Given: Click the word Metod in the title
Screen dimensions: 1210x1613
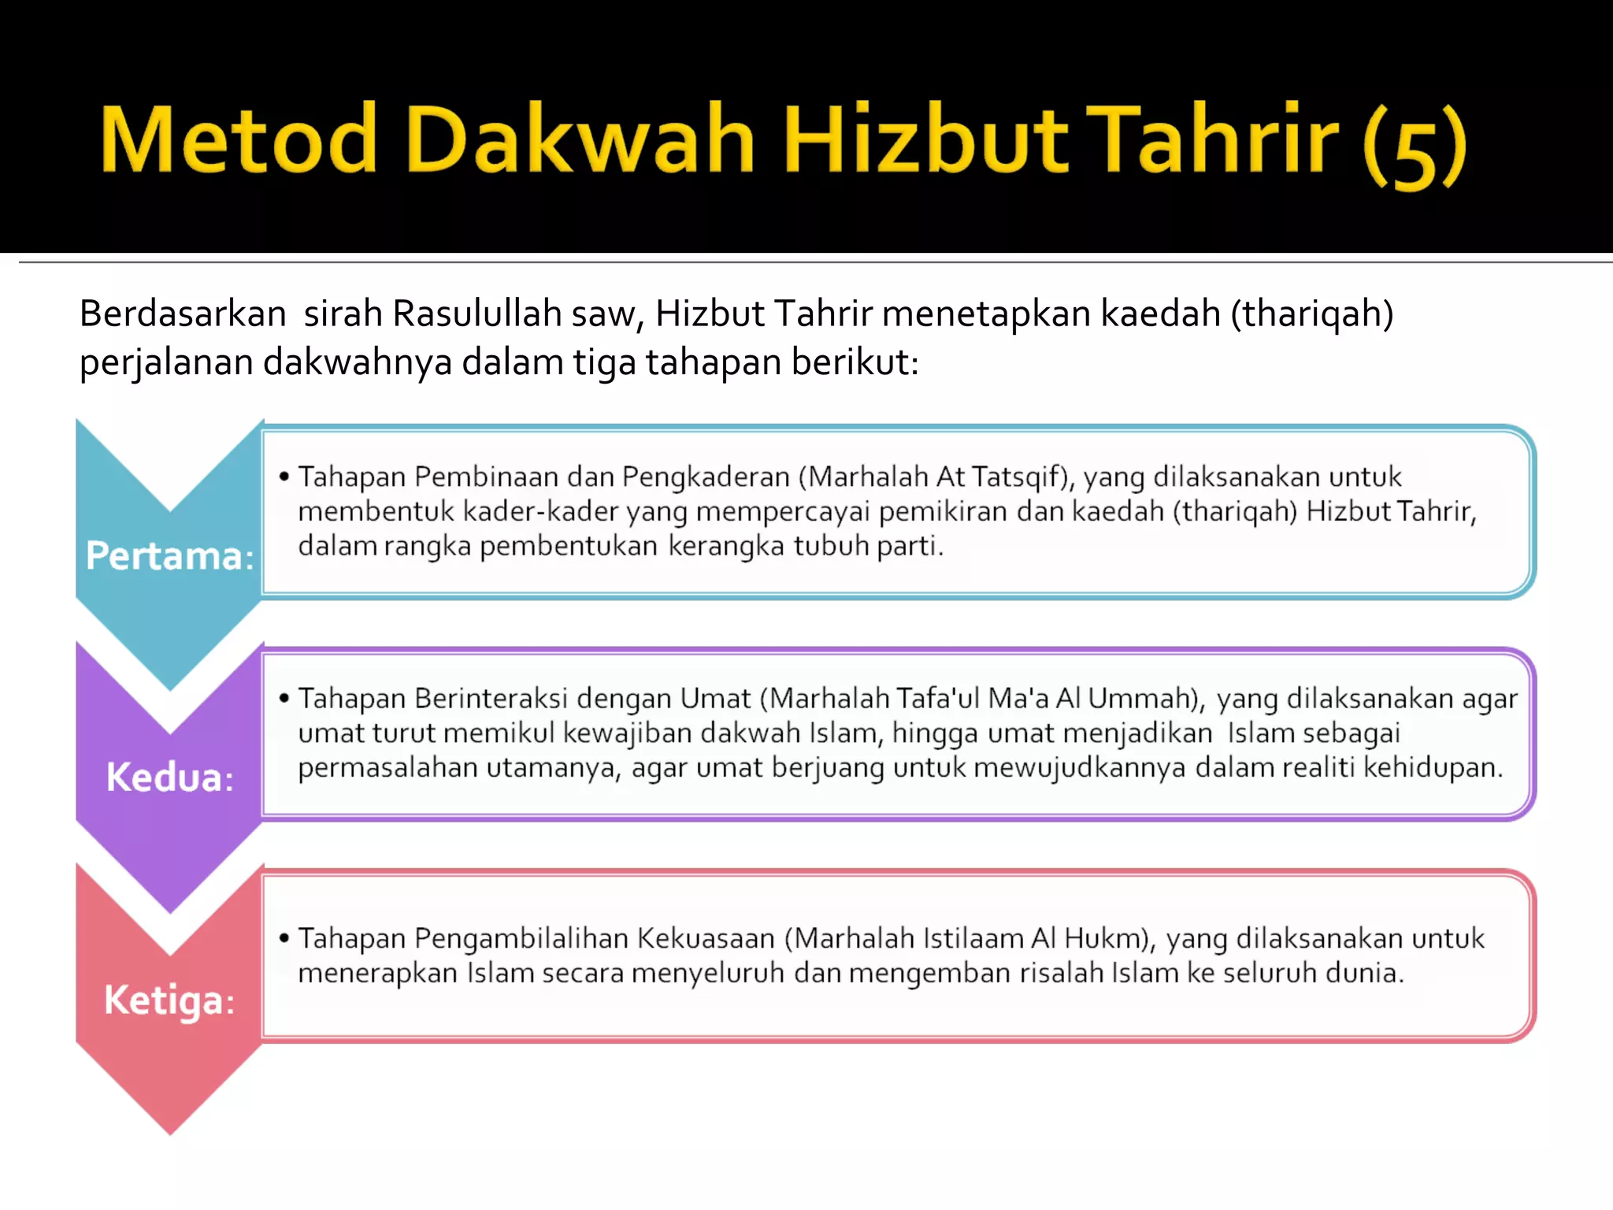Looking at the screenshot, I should pyautogui.click(x=239, y=139).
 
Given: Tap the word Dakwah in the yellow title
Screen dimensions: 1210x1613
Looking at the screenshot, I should pyautogui.click(x=580, y=139).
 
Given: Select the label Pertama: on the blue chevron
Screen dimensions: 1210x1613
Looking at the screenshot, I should pyautogui.click(x=169, y=556).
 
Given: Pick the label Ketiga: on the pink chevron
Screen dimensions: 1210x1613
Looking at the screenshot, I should pyautogui.click(x=169, y=1000).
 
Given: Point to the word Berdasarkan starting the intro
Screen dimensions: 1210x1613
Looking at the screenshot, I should pyautogui.click(x=183, y=314).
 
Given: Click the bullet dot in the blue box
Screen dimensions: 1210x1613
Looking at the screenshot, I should pyautogui.click(x=284, y=477).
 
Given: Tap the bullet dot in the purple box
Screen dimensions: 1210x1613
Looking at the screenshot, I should pyautogui.click(x=284, y=698).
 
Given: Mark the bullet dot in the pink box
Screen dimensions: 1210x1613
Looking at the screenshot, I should pyautogui.click(x=284, y=937).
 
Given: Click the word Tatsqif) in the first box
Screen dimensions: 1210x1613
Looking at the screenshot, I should pyautogui.click(x=1022, y=477).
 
